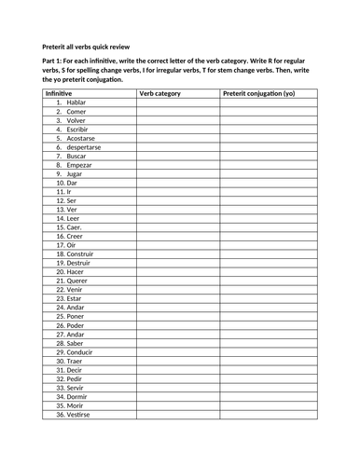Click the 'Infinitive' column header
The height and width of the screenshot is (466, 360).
coord(59,94)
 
